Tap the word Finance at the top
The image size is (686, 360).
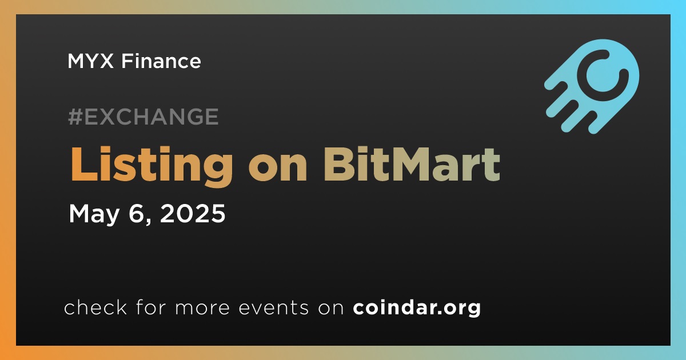tap(161, 61)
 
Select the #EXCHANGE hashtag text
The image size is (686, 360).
tap(143, 117)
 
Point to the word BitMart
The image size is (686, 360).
tap(412, 165)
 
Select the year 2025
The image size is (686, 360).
tap(193, 213)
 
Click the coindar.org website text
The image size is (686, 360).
tap(417, 308)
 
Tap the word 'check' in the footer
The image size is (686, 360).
tap(95, 307)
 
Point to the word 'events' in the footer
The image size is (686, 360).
tap(273, 308)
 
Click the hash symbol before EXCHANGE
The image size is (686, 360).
tap(75, 117)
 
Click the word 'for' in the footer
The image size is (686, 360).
tap(151, 307)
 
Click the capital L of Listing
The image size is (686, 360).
tap(84, 165)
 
